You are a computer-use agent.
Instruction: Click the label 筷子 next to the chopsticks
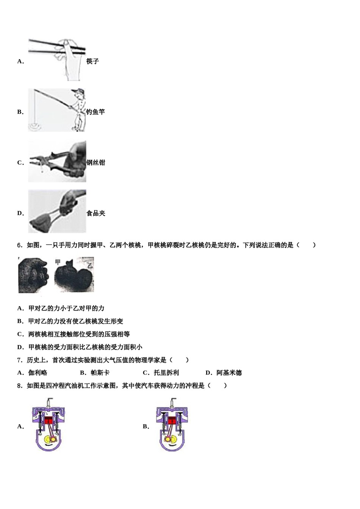click(92, 61)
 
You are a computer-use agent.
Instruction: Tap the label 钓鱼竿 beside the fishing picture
click(95, 112)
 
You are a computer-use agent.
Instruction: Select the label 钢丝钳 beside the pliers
click(95, 163)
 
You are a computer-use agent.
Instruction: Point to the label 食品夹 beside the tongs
click(95, 214)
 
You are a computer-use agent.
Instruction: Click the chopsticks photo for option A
click(57, 59)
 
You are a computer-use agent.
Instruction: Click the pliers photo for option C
click(57, 162)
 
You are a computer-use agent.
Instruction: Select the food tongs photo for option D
click(57, 211)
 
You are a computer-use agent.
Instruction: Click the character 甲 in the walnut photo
click(58, 262)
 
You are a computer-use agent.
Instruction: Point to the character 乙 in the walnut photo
click(90, 265)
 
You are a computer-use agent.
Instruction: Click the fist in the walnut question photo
click(33, 275)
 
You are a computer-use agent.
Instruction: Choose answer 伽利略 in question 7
click(38, 373)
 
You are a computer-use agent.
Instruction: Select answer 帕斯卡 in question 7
click(100, 373)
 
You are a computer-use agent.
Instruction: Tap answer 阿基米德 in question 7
click(229, 373)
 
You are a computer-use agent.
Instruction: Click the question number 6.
click(20, 245)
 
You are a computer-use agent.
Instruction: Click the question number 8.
click(20, 386)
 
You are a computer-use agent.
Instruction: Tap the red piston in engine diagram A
click(49, 420)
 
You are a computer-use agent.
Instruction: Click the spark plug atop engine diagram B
click(173, 402)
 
